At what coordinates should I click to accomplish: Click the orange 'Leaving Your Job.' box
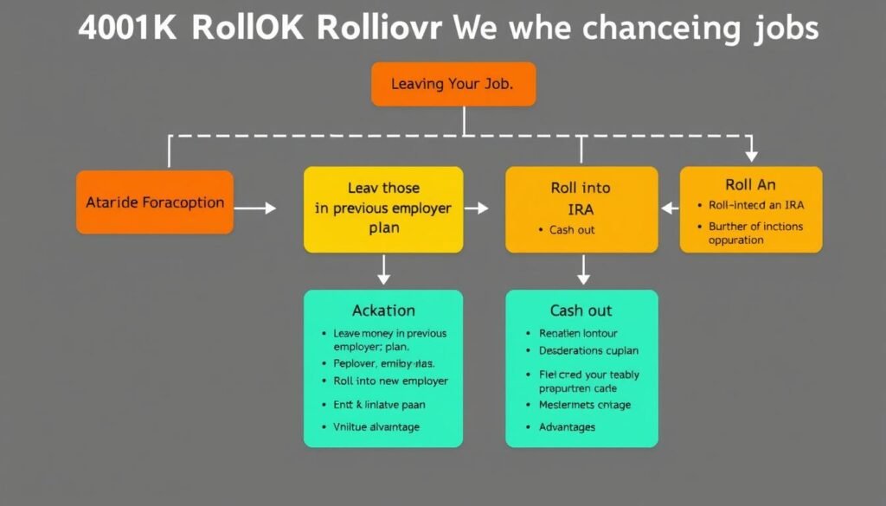pyautogui.click(x=453, y=84)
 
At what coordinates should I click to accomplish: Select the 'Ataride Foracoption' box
pyautogui.click(x=155, y=202)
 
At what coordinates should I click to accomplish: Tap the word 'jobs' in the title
pyautogui.click(x=784, y=28)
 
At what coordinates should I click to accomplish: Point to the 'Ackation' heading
pyautogui.click(x=383, y=311)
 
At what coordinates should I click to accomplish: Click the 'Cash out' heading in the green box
pyautogui.click(x=581, y=311)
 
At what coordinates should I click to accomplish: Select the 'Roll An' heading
pyautogui.click(x=750, y=184)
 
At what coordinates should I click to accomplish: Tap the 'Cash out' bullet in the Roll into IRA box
pyautogui.click(x=572, y=230)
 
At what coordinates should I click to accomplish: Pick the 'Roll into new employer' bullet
pyautogui.click(x=390, y=381)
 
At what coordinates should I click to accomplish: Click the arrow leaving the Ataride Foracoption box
pyautogui.click(x=255, y=208)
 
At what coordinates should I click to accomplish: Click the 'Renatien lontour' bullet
pyautogui.click(x=578, y=333)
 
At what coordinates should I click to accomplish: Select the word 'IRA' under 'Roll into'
pyautogui.click(x=581, y=208)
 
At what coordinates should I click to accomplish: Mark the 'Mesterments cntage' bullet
pyautogui.click(x=585, y=405)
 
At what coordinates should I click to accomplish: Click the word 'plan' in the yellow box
pyautogui.click(x=382, y=228)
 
